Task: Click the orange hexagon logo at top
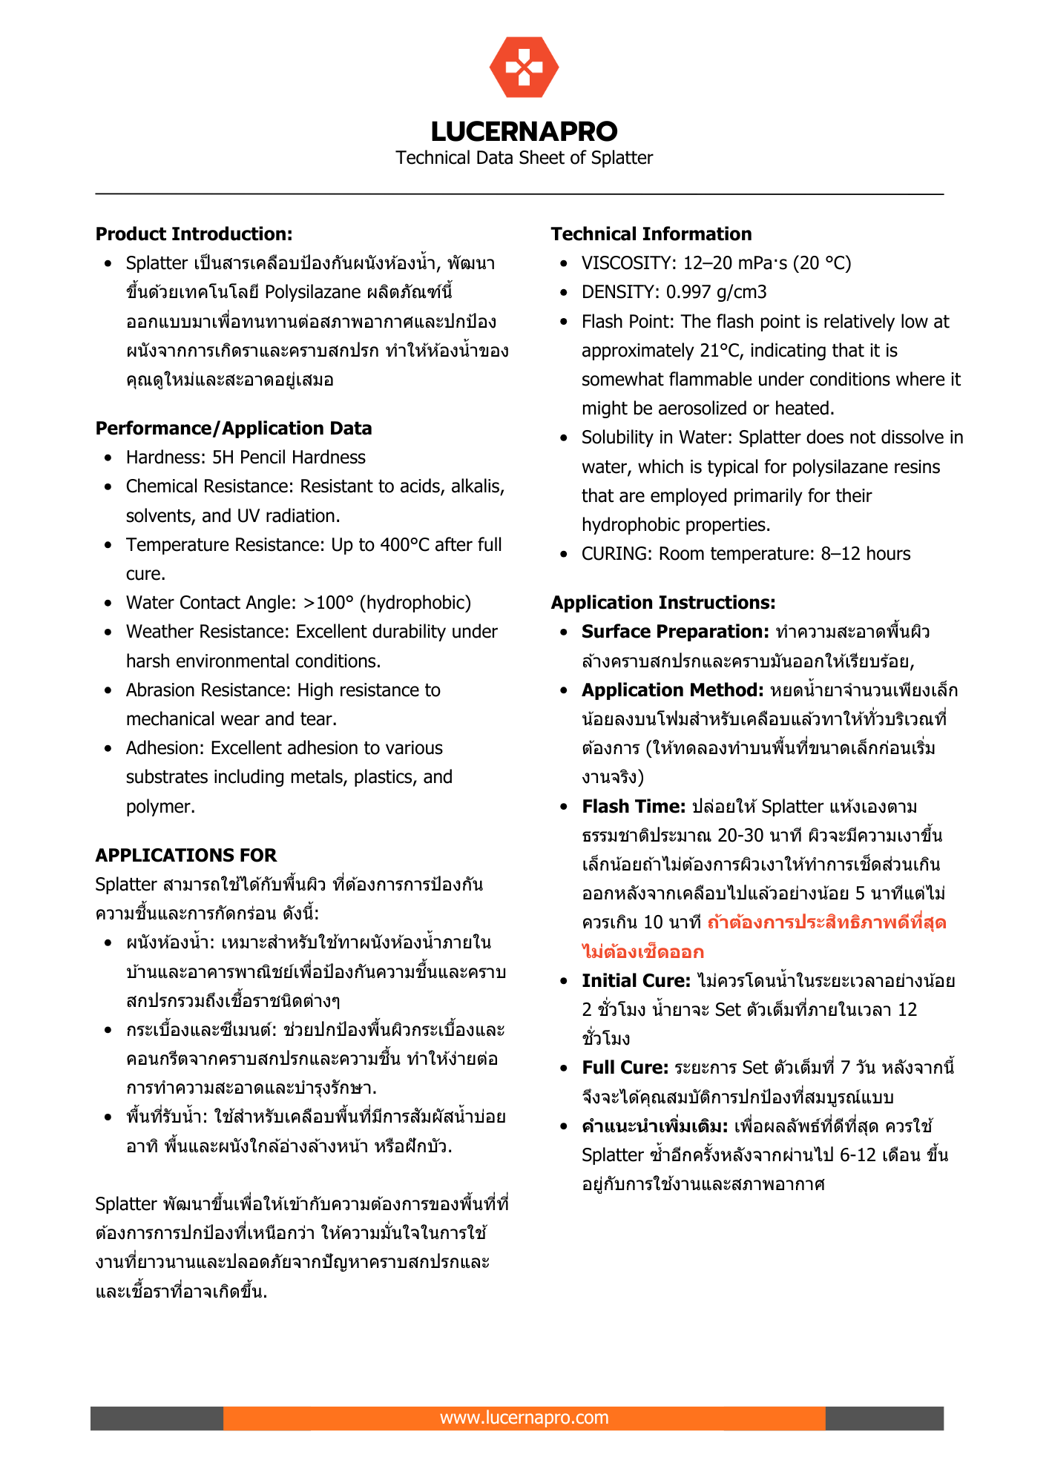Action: click(x=524, y=67)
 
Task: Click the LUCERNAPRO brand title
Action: click(x=524, y=131)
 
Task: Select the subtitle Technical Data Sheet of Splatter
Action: click(x=524, y=158)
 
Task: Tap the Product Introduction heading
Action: click(x=194, y=234)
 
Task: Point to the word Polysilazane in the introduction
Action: click(x=312, y=292)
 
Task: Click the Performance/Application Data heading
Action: click(x=234, y=429)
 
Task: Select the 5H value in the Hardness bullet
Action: click(x=223, y=458)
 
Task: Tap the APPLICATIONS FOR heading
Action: click(x=185, y=856)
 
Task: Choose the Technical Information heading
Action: click(x=651, y=234)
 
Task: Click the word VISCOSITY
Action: click(x=626, y=263)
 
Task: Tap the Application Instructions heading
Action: click(x=662, y=603)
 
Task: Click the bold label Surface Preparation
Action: click(x=674, y=632)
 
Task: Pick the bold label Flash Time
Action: click(x=633, y=807)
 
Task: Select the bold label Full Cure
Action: click(x=625, y=1068)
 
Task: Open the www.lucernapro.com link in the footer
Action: click(x=524, y=1418)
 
